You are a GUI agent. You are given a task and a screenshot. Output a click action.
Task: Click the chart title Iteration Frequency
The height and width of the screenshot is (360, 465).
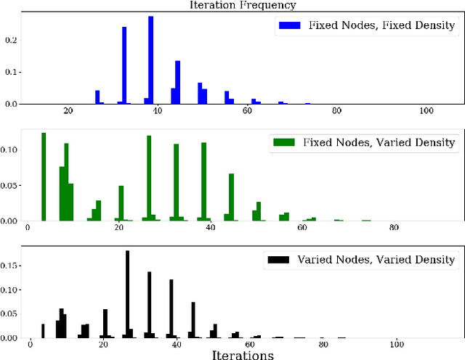pos(232,5)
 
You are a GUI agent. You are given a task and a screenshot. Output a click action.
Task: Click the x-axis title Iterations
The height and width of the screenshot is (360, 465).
pos(243,354)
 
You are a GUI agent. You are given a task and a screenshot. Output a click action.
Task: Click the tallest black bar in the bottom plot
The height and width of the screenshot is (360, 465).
pos(127,294)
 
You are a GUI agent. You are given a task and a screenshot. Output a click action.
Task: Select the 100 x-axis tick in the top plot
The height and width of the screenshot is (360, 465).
pos(426,111)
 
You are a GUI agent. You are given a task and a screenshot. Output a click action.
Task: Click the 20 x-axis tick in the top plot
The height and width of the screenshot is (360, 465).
pos(68,111)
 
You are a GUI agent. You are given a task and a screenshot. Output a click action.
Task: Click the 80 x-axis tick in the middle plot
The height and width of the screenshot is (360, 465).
pos(394,228)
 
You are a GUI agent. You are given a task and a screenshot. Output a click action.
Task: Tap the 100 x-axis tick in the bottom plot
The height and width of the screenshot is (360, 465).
pos(397,345)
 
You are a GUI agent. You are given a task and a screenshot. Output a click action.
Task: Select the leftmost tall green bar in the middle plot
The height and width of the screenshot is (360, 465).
pos(44,177)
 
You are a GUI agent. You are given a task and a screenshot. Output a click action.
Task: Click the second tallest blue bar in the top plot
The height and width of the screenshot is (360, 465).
pos(124,65)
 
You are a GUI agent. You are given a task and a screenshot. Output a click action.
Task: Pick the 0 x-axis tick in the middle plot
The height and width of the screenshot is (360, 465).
pos(28,228)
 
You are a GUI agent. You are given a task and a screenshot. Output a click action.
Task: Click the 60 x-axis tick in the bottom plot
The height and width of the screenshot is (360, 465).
pos(250,345)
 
